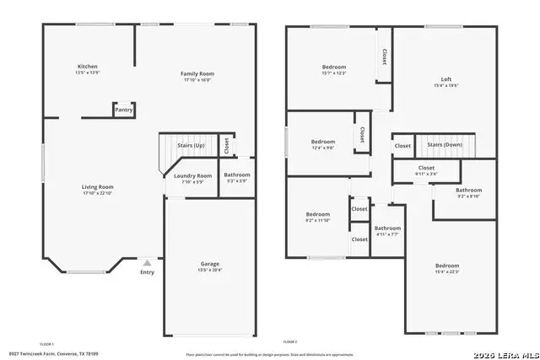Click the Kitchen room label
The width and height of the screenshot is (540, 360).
click(x=88, y=66)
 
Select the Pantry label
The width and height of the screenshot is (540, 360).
click(x=124, y=110)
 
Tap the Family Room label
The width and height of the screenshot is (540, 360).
click(x=197, y=73)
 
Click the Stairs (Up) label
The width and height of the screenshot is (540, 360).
click(x=190, y=146)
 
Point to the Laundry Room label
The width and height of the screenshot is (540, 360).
click(x=193, y=175)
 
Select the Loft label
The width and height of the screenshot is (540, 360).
click(x=435, y=79)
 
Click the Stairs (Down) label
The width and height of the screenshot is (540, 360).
click(x=444, y=145)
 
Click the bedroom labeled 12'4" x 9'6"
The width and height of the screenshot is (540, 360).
click(x=323, y=142)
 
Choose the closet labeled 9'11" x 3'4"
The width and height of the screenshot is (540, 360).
click(x=427, y=168)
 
